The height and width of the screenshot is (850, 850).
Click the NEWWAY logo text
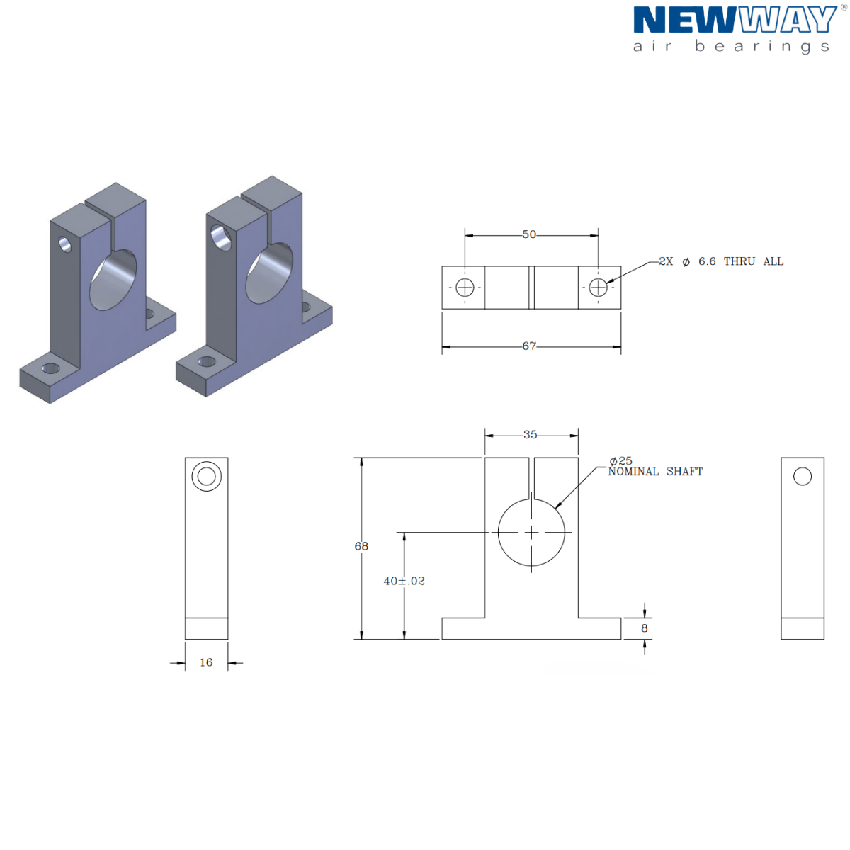coord(735,21)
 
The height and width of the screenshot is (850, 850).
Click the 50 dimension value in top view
coord(529,234)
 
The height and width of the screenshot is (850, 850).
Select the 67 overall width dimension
coord(529,346)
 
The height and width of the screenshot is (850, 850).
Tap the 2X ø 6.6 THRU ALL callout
coord(721,261)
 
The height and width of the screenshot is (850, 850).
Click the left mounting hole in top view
coord(465,288)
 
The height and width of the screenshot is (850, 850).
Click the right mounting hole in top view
coord(599,288)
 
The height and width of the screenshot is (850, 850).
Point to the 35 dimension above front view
coord(531,435)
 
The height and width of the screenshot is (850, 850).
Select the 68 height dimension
coord(361,546)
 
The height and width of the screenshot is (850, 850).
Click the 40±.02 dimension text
coord(404,581)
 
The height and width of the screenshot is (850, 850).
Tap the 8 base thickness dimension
coord(645,628)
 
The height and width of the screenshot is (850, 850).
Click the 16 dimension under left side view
coord(206,662)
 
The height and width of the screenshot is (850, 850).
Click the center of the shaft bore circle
coord(532,533)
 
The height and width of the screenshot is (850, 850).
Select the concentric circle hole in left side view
coord(206,476)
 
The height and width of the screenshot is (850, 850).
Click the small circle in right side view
coord(803,476)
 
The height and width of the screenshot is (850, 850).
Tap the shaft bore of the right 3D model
coord(269,273)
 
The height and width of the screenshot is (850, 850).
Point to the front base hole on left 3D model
coord(50,368)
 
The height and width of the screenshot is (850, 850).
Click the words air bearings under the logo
coord(731,47)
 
